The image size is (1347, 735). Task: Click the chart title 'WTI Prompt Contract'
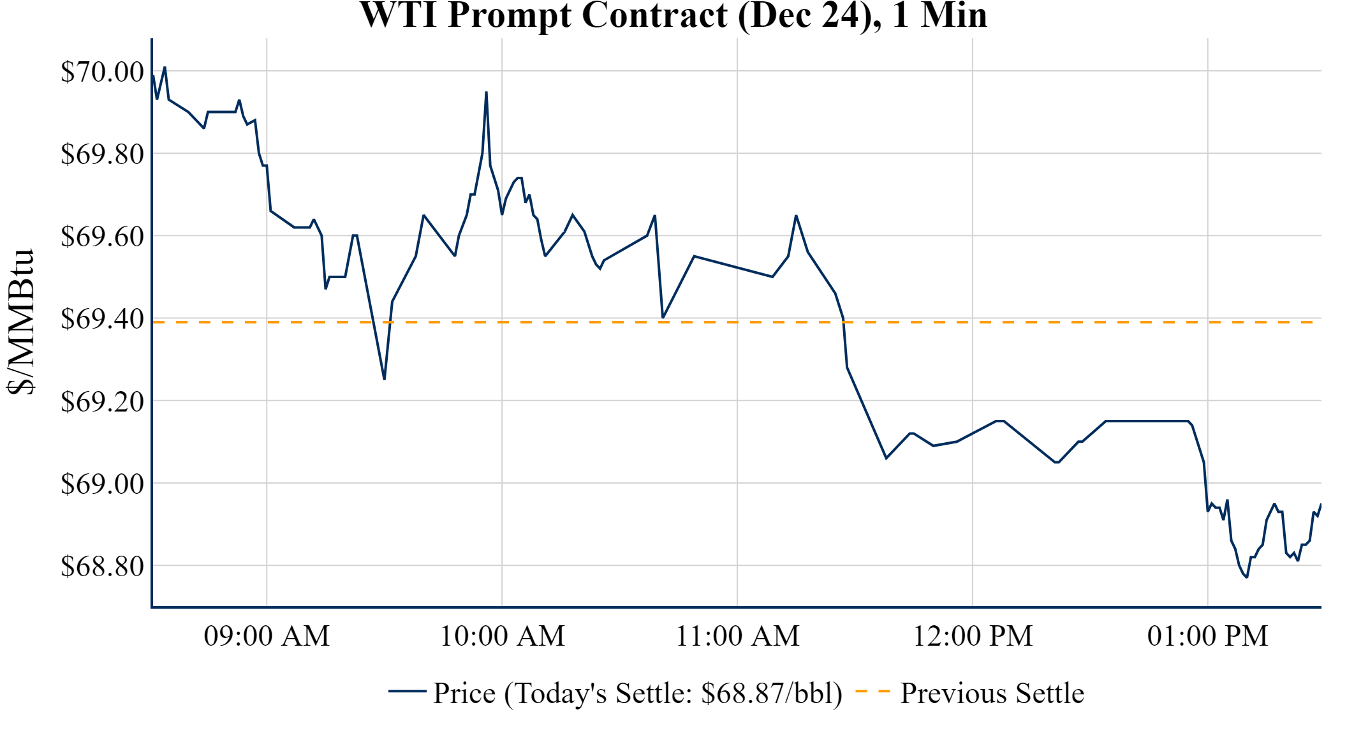673,15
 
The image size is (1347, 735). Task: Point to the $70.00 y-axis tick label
102,71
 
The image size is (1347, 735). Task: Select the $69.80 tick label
102,154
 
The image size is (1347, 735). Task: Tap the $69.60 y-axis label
102,236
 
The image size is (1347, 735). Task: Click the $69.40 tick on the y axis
102,318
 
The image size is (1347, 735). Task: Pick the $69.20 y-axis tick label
102,401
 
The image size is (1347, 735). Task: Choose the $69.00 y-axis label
102,484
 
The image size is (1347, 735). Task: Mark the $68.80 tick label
102,566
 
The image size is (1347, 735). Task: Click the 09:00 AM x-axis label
267,636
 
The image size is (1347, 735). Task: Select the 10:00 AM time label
502,636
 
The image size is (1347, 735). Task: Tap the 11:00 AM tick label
737,636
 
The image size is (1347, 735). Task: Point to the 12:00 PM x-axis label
973,636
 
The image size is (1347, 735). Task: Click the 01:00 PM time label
1207,636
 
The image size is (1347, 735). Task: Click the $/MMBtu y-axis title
20,322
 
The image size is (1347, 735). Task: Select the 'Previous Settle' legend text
992,693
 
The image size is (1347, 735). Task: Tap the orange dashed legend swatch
872,691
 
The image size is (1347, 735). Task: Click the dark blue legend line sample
407,691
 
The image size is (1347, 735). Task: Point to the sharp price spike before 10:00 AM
486,93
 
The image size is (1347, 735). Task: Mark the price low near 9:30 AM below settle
384,379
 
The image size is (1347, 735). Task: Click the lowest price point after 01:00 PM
1246,577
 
